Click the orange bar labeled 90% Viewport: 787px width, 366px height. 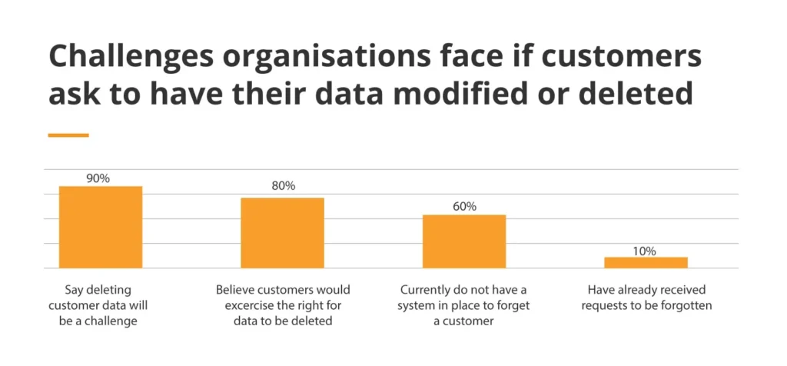click(101, 227)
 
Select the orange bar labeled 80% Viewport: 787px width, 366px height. click(282, 233)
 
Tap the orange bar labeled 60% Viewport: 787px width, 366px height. click(464, 241)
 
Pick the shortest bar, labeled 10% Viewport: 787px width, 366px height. click(646, 262)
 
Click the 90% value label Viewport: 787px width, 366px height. click(98, 178)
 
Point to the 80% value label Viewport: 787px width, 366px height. click(282, 187)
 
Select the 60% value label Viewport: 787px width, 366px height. click(464, 206)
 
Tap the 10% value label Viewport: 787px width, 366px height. click(645, 251)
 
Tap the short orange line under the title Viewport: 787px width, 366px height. click(68, 135)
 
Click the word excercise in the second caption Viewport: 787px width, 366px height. click(244, 306)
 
